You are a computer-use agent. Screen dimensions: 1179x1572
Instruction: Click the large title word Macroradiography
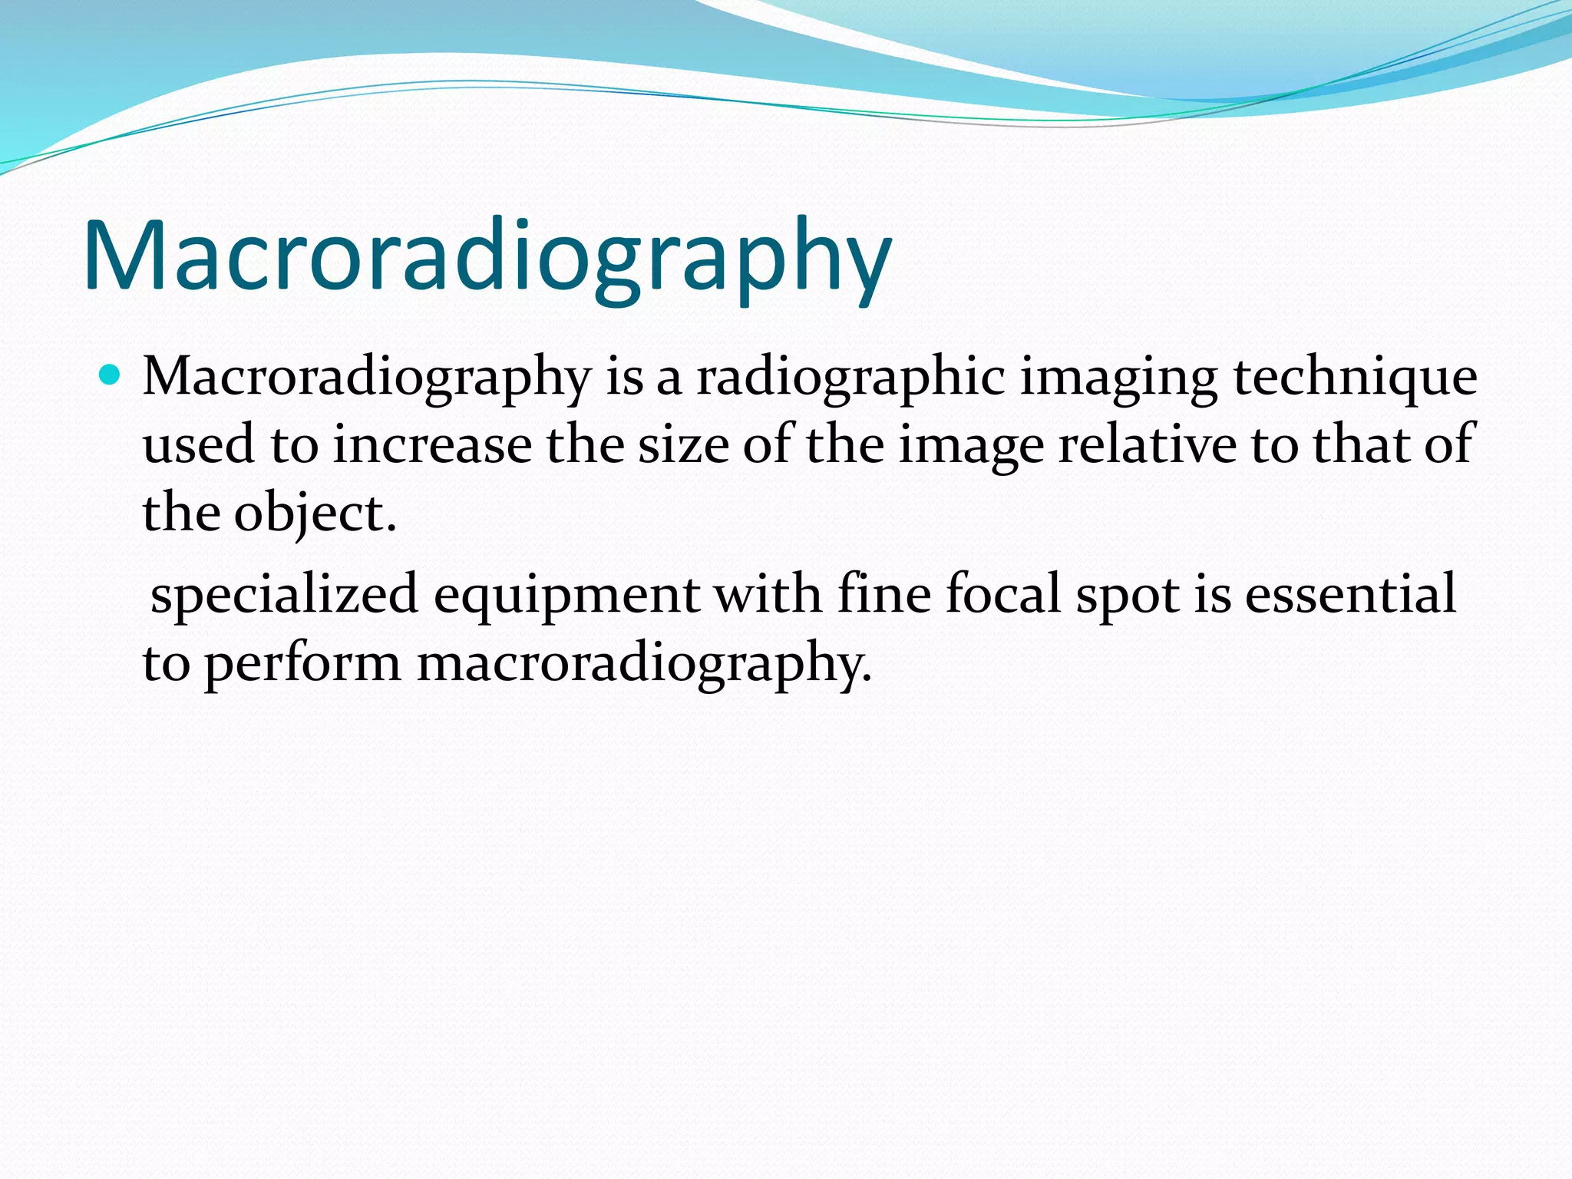[487, 256]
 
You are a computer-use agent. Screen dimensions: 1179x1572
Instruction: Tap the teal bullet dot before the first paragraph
[111, 376]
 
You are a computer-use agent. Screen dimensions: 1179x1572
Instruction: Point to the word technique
[1355, 378]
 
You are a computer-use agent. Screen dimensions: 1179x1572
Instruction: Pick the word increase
[432, 445]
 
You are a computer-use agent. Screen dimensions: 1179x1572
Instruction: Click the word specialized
[284, 594]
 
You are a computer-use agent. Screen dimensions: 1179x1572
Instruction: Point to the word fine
[883, 594]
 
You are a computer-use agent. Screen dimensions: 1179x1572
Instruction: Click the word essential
[1350, 594]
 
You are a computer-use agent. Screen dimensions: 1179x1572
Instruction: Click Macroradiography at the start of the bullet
[367, 378]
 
